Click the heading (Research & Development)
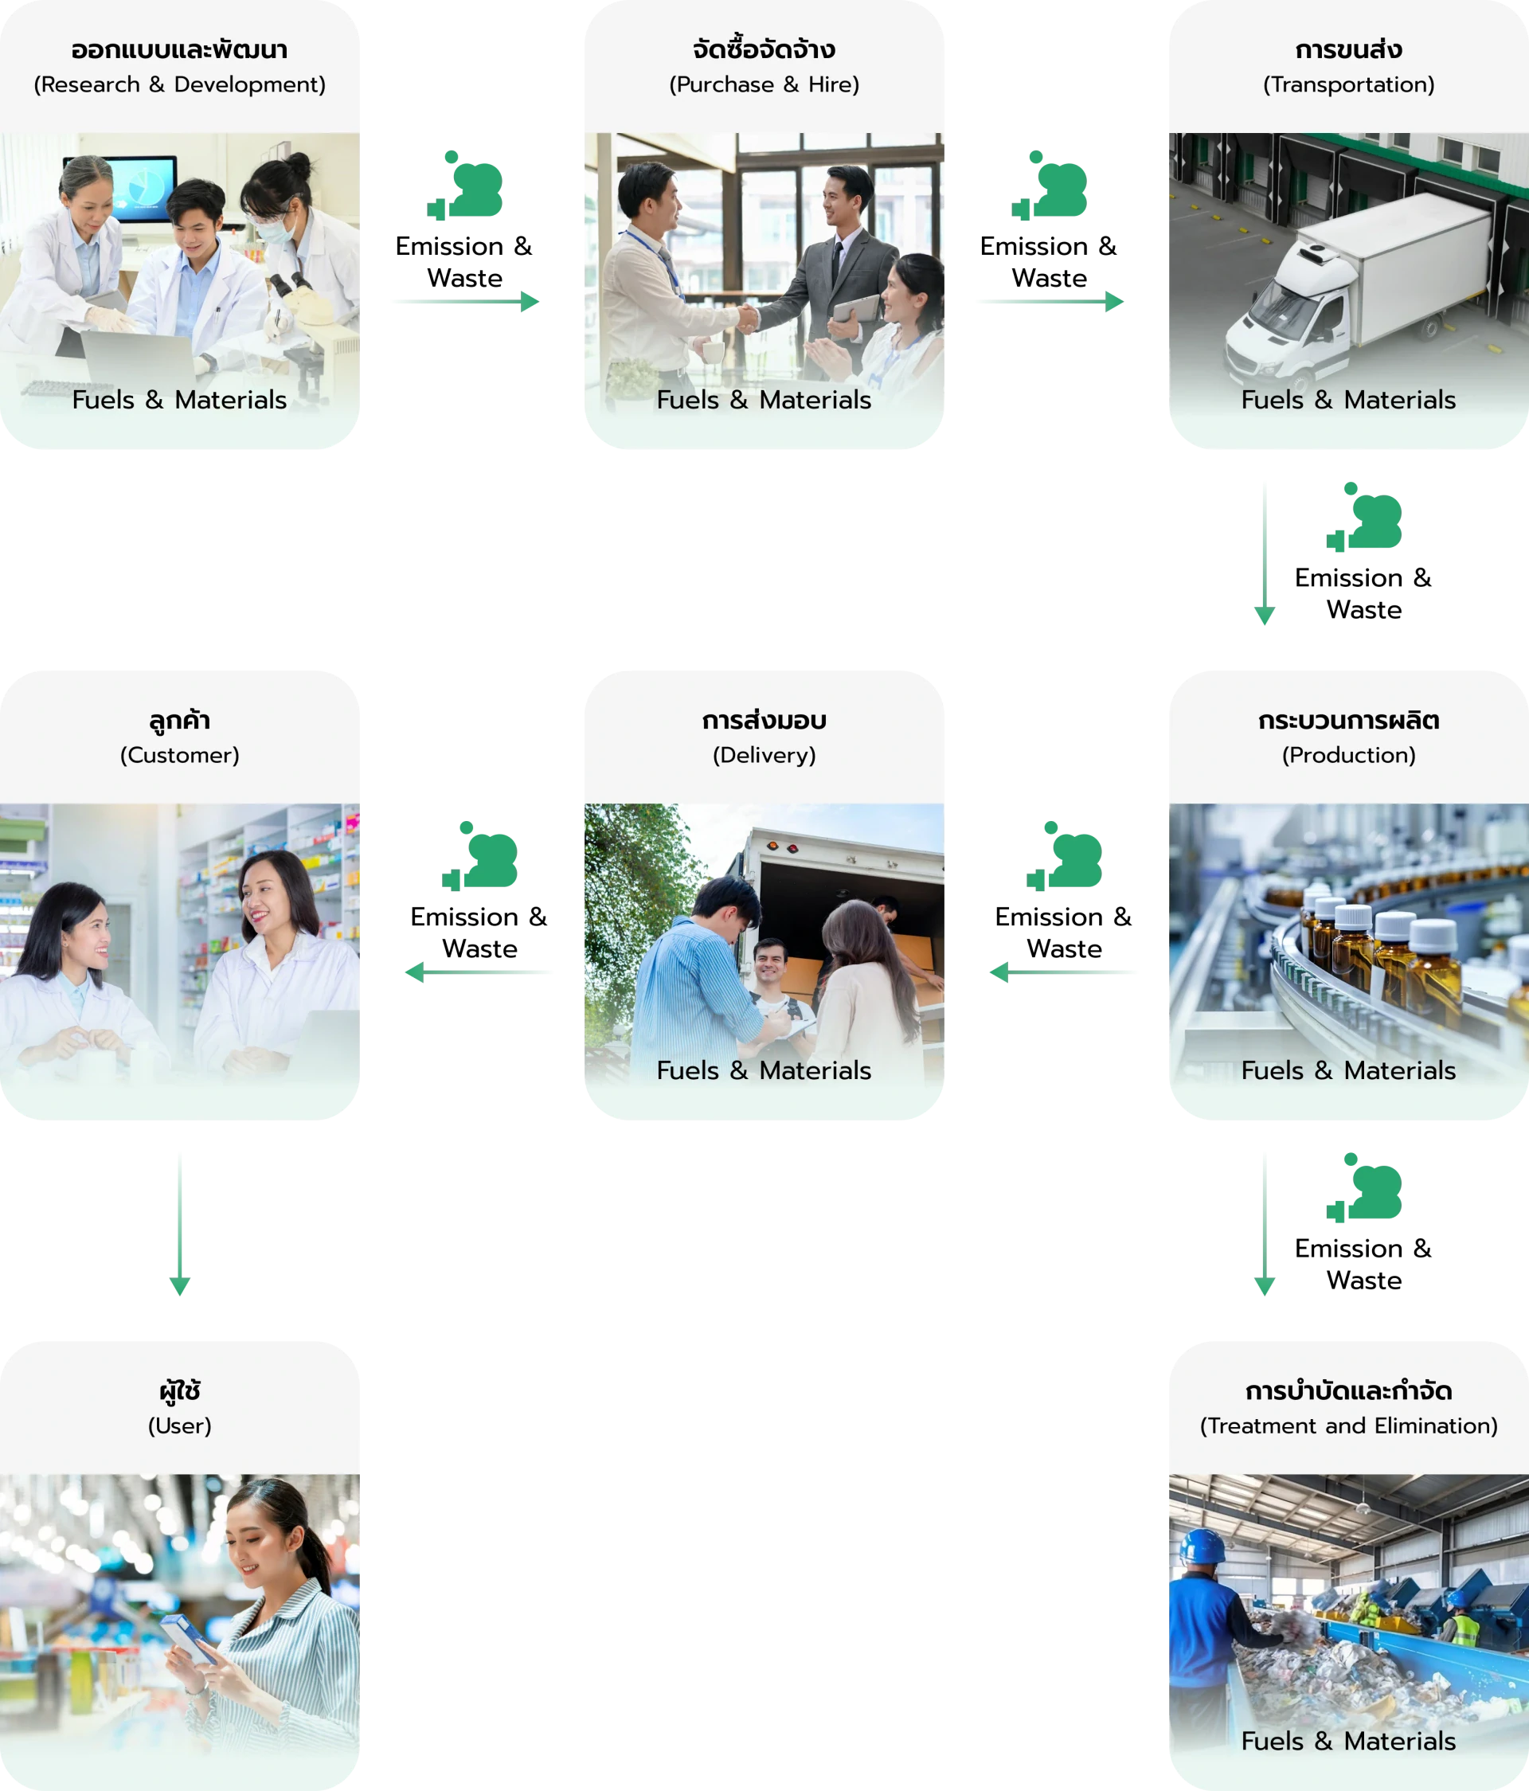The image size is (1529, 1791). pos(180,84)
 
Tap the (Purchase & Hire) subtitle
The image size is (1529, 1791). pos(764,84)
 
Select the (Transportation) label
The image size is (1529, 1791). pos(1348,84)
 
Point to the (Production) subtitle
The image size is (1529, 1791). pos(1348,756)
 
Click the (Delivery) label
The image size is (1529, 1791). pos(764,756)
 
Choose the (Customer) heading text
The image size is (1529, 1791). pos(180,756)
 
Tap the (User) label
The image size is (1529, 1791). pos(180,1426)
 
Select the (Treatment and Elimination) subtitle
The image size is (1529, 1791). pos(1348,1426)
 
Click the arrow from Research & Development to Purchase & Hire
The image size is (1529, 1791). pos(466,302)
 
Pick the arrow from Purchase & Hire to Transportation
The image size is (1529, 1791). pos(1050,302)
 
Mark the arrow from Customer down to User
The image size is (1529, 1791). pos(180,1224)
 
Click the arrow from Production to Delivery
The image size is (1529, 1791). pos(1063,972)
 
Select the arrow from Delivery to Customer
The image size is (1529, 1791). pos(479,972)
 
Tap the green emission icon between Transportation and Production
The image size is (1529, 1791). pos(1364,517)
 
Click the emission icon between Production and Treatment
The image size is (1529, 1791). pos(1364,1187)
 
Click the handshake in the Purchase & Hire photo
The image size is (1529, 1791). pos(748,318)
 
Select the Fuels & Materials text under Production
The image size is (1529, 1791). pos(1348,1071)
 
